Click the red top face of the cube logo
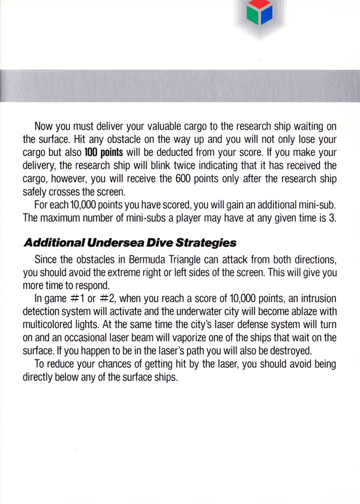coord(256,5)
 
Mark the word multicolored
coord(52,325)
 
